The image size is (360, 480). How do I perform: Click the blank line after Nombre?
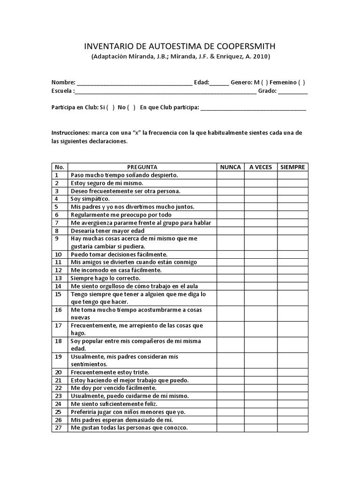(134, 83)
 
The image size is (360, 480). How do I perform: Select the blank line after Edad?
(219, 83)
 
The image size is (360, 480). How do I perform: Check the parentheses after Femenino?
(301, 82)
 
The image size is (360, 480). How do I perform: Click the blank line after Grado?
(293, 92)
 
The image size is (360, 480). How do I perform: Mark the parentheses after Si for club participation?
(111, 107)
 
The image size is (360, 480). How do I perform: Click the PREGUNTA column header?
(142, 167)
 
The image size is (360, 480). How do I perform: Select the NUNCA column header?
(230, 167)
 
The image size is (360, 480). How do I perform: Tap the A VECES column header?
(260, 167)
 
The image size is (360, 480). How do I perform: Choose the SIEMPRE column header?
(292, 167)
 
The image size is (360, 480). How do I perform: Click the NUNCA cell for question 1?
(230, 175)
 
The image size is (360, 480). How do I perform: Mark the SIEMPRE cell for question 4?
(292, 199)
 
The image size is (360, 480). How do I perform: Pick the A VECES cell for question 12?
(260, 270)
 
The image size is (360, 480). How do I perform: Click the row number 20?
(59, 372)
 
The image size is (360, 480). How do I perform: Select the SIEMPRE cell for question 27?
(292, 428)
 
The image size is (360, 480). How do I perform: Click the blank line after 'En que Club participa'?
(253, 108)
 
